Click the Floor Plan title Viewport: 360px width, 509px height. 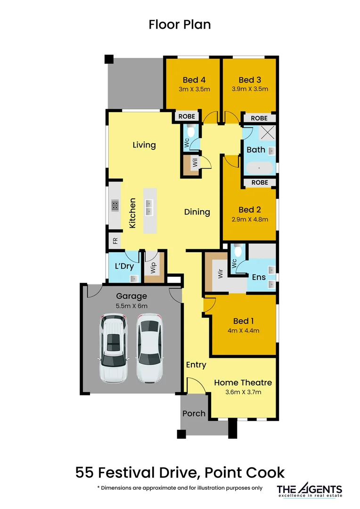coord(180,25)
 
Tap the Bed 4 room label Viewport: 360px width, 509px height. coord(194,80)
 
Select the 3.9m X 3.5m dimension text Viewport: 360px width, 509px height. coord(250,89)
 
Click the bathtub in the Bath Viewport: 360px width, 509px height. coord(259,168)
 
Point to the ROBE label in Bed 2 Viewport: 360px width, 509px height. coord(259,182)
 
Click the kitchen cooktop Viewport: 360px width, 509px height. coord(115,205)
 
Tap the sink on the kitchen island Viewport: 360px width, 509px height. coord(149,207)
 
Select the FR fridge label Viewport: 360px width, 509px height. coord(115,241)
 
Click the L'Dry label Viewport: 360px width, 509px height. coord(124,266)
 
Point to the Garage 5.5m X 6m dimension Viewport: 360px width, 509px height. coord(132,306)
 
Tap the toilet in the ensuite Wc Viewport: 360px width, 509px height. coord(238,251)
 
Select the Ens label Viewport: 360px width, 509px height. coord(259,277)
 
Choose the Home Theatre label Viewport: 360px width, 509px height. coord(243,383)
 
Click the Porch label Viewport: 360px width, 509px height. coord(194,413)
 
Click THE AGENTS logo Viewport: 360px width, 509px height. coord(309,490)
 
